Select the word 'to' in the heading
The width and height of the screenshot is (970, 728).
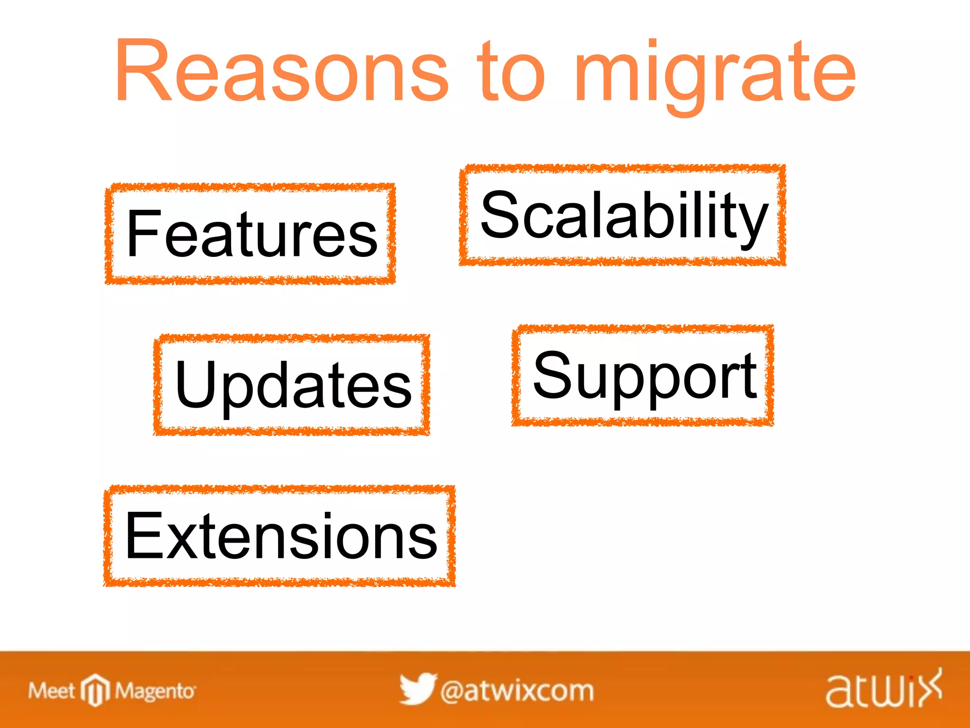(x=512, y=71)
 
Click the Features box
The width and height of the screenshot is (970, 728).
(x=251, y=234)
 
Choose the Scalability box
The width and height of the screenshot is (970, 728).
(x=622, y=215)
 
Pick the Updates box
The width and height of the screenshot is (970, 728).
(x=292, y=384)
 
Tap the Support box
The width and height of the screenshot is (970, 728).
(x=643, y=375)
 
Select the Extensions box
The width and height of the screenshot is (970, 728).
(x=279, y=536)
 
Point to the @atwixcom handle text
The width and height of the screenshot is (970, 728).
(x=517, y=691)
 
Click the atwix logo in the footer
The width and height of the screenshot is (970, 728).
(x=883, y=690)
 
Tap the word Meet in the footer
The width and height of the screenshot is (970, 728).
(x=51, y=691)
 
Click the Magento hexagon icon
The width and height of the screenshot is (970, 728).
(x=95, y=690)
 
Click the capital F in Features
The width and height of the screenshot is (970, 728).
(x=142, y=234)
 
